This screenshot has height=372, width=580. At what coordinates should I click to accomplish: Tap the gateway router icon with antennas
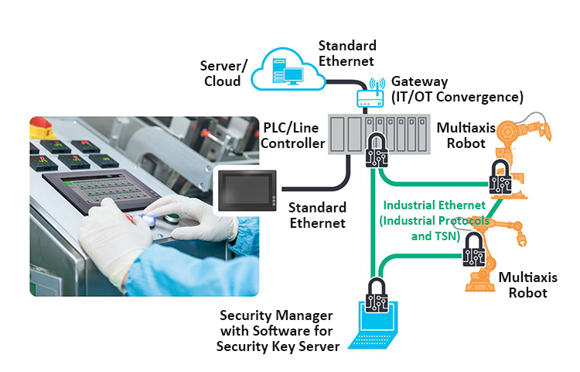click(x=370, y=95)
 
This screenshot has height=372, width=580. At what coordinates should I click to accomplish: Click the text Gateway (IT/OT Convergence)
click(x=457, y=89)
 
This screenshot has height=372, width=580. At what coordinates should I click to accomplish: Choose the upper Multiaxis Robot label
click(x=463, y=135)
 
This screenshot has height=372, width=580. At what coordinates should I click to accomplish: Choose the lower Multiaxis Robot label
click(x=524, y=284)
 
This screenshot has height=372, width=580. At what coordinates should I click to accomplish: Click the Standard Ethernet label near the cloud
click(x=346, y=53)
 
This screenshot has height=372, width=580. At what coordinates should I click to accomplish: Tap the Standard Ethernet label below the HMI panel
click(x=316, y=215)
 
